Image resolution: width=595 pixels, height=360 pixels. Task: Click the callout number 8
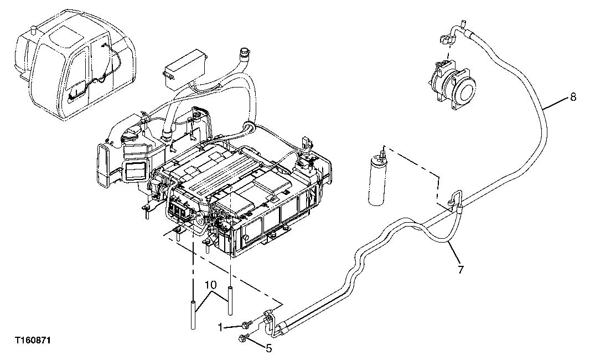pyautogui.click(x=573, y=97)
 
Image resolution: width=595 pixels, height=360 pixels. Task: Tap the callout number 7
pyautogui.click(x=461, y=270)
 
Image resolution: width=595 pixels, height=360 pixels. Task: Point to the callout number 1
pyautogui.click(x=220, y=326)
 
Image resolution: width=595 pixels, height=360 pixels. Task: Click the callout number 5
pyautogui.click(x=269, y=349)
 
